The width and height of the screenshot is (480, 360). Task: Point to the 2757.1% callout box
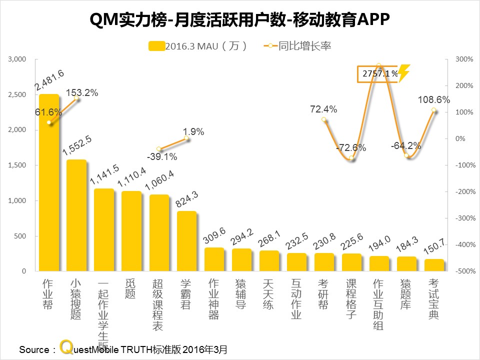coord(378,74)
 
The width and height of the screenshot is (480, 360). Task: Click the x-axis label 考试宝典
coord(433,299)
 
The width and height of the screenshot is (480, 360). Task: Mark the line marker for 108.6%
coord(433,110)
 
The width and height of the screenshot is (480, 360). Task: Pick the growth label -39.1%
coord(161,156)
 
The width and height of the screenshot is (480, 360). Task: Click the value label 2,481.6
coord(49,81)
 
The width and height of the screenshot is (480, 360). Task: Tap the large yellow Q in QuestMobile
coord(65,347)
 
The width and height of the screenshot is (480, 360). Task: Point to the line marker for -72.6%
coord(351,158)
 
